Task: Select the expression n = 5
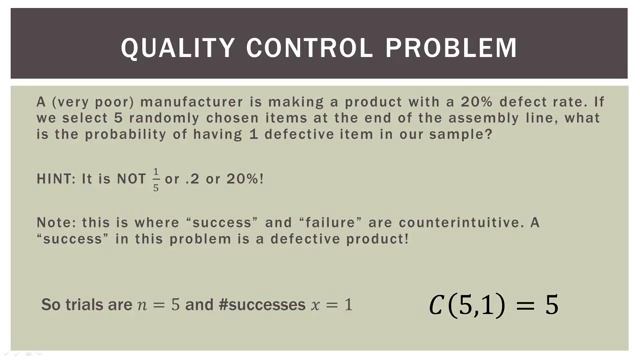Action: (x=158, y=304)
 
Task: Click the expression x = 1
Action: (x=330, y=304)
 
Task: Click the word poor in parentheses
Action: (x=101, y=102)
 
